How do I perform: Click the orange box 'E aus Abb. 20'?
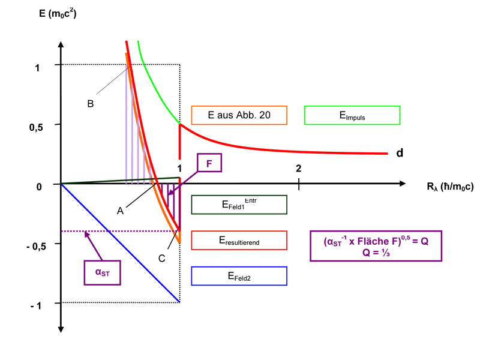239,115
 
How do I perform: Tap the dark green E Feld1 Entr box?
239,204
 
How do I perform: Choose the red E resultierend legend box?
239,240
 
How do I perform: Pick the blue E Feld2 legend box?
239,276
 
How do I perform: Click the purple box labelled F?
209,163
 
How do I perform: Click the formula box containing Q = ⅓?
376,245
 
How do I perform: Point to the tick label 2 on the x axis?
299,168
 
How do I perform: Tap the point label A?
120,211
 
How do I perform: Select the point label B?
90,103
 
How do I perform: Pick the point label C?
162,259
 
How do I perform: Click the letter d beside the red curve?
399,153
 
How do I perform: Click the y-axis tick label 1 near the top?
37,68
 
